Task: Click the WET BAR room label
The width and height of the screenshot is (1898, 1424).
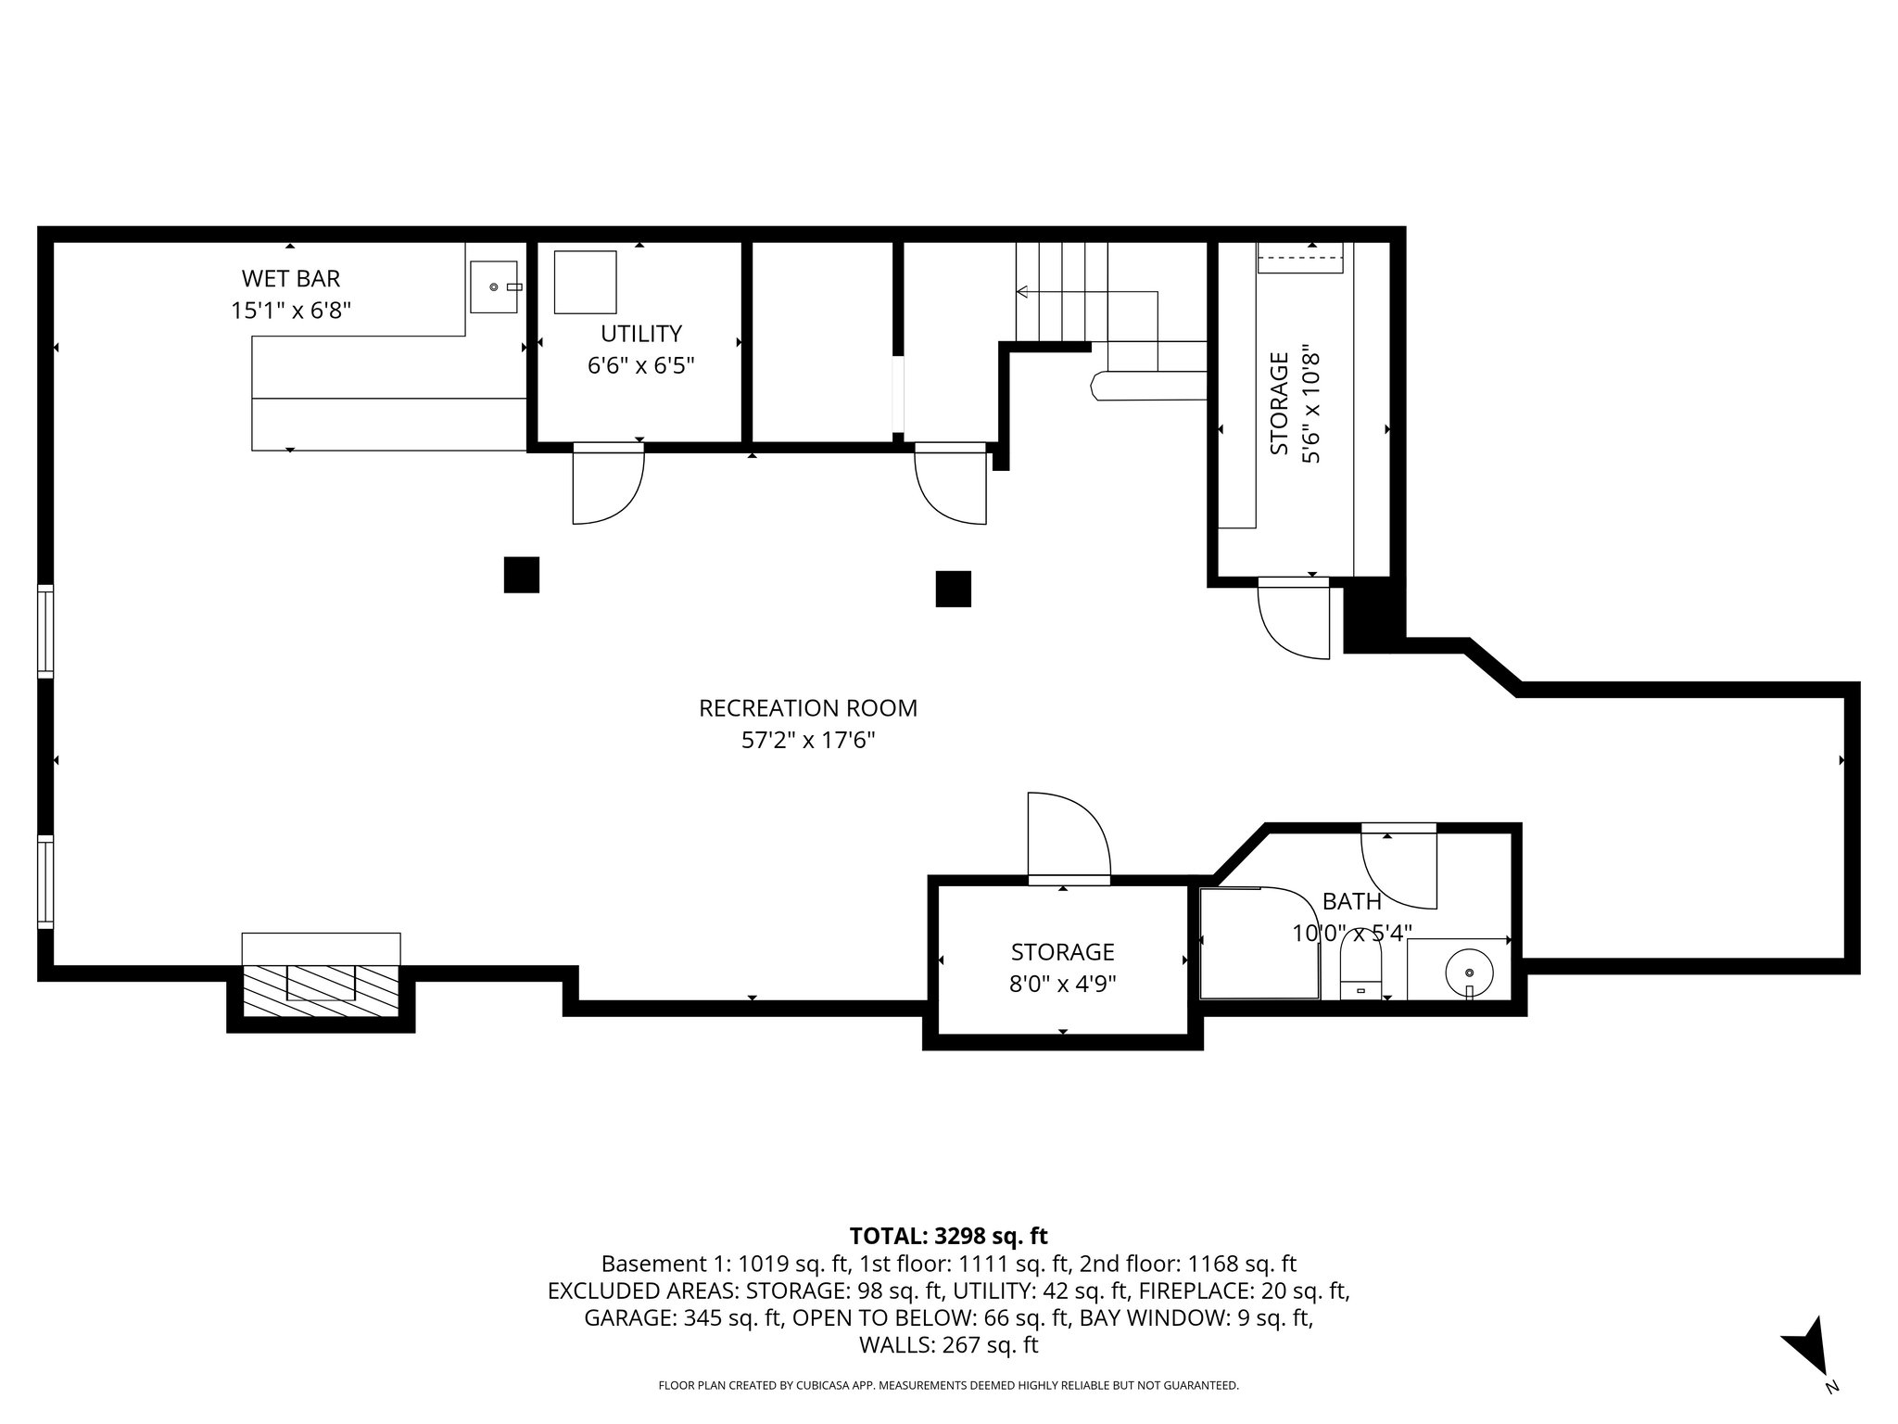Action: click(x=290, y=278)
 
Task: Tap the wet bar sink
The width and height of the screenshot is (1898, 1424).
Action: click(x=494, y=287)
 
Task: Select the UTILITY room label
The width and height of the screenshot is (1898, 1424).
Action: click(x=640, y=334)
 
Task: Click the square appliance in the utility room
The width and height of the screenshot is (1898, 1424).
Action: click(x=585, y=282)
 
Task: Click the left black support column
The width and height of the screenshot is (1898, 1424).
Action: click(x=522, y=574)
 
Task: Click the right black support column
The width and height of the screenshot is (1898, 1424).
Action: click(x=953, y=589)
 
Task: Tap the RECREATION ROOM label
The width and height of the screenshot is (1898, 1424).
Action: click(x=807, y=708)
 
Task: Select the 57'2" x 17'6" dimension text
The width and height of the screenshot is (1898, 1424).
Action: click(x=807, y=741)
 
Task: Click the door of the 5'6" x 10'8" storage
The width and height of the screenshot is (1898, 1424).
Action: click(x=1294, y=618)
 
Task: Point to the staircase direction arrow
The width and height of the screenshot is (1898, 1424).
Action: click(x=1022, y=292)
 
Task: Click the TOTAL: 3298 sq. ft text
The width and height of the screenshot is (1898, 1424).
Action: click(x=948, y=1236)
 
